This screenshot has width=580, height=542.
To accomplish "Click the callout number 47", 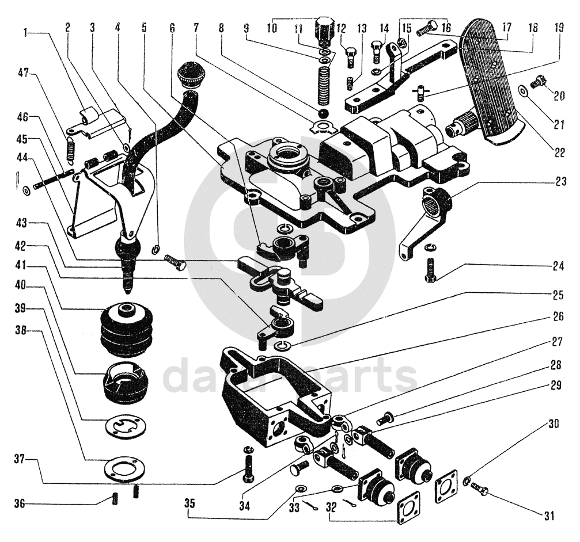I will pos(23,73).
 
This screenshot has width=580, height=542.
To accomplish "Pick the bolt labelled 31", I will pos(479,490).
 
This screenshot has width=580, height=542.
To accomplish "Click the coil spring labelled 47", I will pos(71,149).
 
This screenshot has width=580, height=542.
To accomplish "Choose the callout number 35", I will pos(189,503).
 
